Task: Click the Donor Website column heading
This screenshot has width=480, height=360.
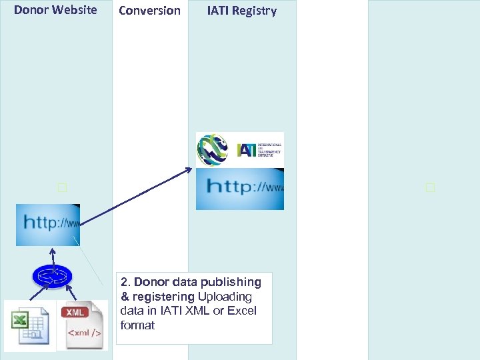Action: click(55, 10)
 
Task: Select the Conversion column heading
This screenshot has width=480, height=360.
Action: click(149, 11)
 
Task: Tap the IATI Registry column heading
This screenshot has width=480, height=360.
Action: click(241, 11)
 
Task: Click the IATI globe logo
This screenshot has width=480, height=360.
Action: click(213, 149)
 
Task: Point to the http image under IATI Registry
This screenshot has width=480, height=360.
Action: click(240, 189)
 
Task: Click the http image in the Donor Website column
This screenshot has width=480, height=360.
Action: click(48, 225)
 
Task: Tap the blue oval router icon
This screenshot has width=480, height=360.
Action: click(51, 275)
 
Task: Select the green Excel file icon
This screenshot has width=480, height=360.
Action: click(30, 325)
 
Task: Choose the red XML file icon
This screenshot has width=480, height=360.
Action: click(82, 325)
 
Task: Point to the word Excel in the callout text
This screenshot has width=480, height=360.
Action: click(242, 311)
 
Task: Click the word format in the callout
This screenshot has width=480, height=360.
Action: click(137, 325)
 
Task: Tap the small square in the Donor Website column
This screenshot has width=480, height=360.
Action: click(62, 188)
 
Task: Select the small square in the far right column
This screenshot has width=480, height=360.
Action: click(430, 188)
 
